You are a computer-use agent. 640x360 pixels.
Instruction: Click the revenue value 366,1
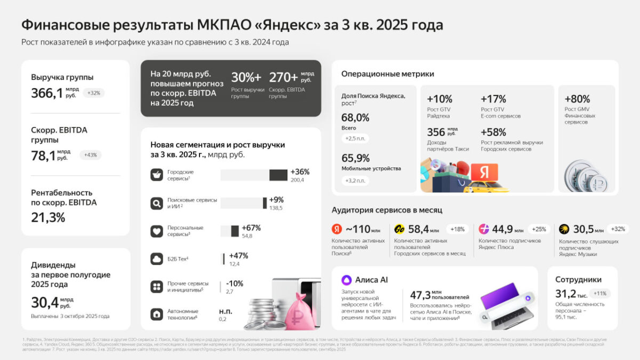[47, 93]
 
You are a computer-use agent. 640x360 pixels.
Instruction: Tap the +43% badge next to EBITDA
[90, 155]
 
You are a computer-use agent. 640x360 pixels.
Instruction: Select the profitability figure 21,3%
[48, 218]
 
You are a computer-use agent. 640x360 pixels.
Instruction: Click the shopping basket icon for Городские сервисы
[156, 175]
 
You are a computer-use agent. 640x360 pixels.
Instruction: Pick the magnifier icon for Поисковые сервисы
[156, 203]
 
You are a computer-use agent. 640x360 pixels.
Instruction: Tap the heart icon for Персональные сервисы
[156, 231]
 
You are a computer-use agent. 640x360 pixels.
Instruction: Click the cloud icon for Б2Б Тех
[156, 259]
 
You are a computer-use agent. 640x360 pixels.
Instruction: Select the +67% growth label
[251, 228]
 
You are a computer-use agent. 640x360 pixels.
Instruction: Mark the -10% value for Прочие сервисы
[235, 283]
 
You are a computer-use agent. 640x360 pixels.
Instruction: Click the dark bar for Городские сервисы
[278, 175]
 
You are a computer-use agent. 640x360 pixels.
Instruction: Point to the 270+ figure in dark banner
[283, 77]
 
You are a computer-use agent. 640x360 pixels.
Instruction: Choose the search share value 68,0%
[355, 118]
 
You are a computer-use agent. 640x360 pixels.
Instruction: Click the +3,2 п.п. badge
[355, 181]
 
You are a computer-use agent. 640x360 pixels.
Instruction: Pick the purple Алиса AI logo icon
[347, 280]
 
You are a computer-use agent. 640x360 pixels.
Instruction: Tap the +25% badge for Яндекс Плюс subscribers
[539, 229]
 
